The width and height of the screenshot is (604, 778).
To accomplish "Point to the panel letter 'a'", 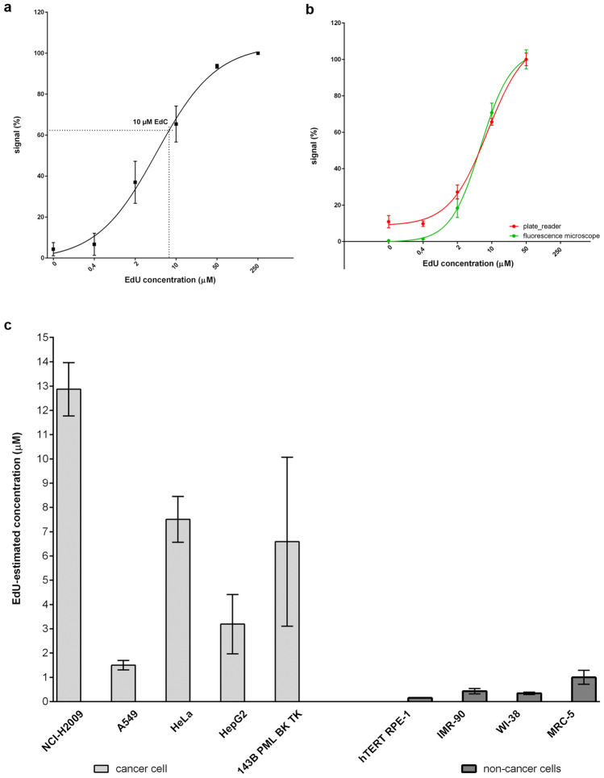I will point(9,7).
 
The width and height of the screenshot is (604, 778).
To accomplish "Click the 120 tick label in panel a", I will point(37,13).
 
